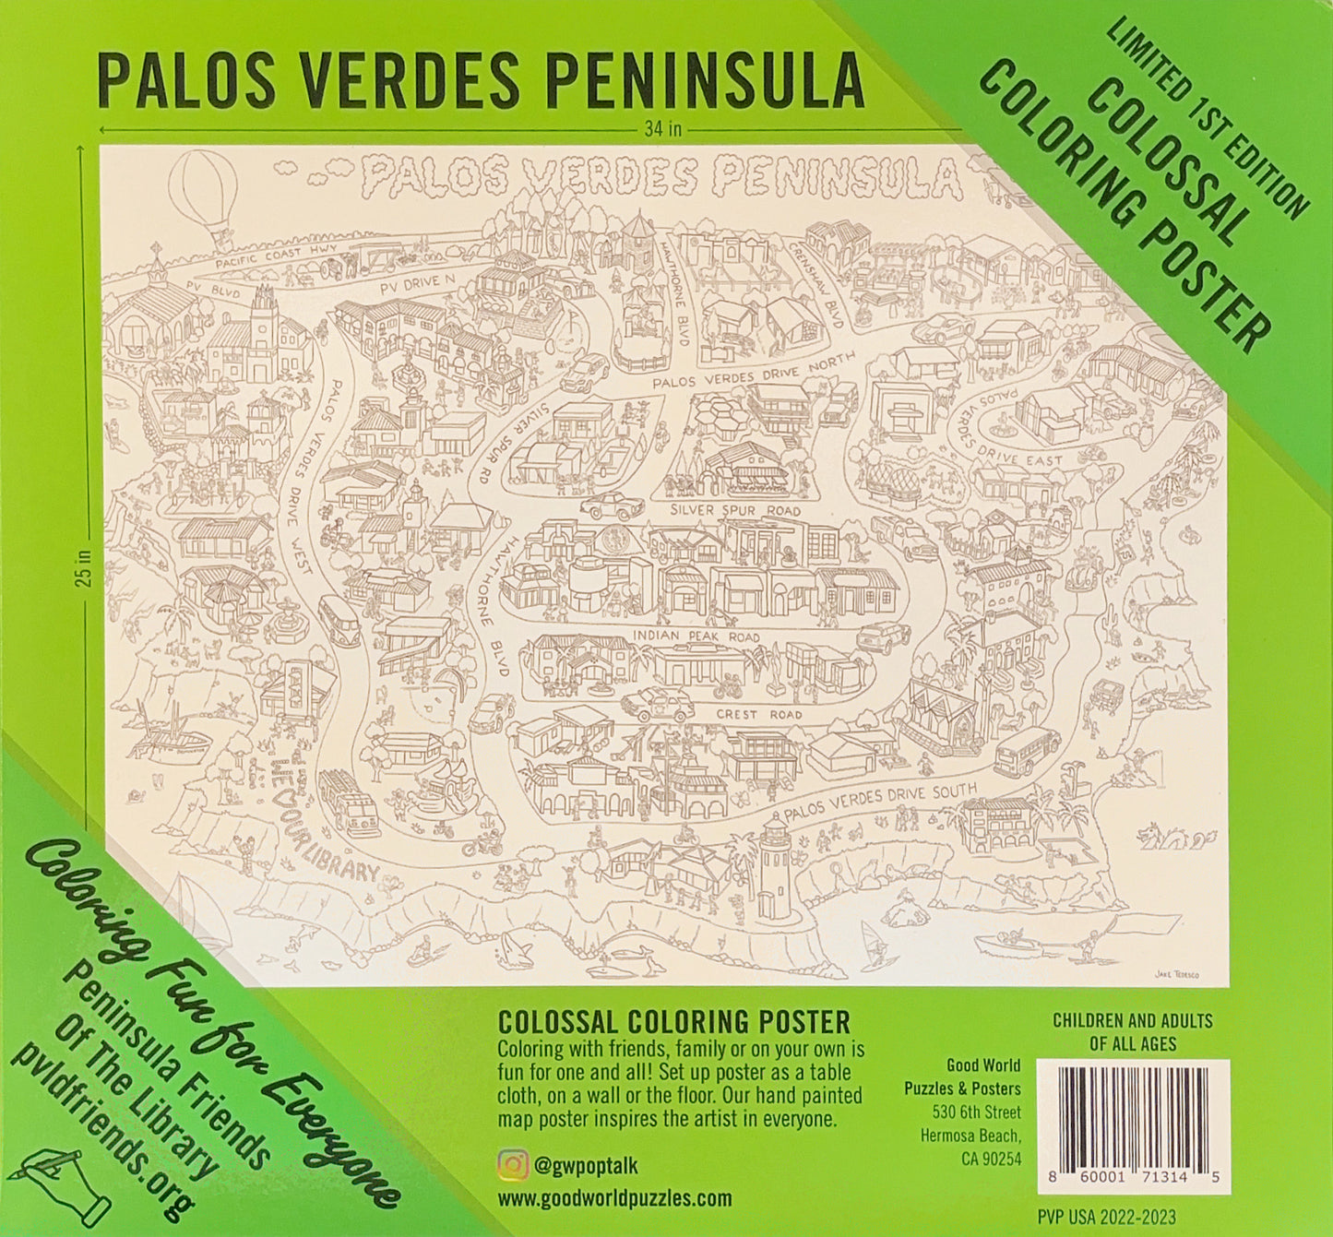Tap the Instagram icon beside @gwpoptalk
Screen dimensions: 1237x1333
click(510, 1165)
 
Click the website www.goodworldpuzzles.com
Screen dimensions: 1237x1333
click(614, 1198)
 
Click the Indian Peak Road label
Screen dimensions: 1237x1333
click(696, 636)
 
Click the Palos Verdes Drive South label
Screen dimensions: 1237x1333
click(880, 802)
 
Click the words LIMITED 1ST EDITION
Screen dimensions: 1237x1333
click(1207, 119)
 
